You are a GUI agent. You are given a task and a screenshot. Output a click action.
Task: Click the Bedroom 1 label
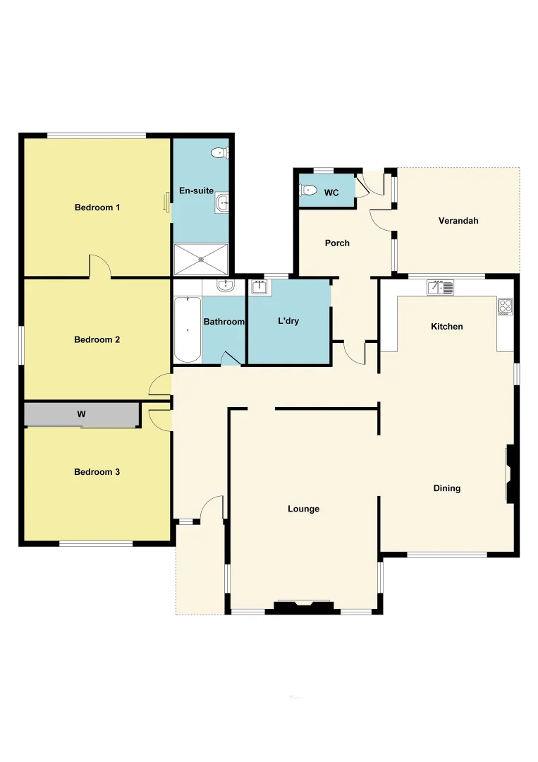point(97,207)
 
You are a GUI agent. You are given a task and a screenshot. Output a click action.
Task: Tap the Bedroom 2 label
point(97,339)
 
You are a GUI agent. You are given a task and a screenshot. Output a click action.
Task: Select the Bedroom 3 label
point(97,472)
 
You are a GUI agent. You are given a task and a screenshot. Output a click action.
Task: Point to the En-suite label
point(196,190)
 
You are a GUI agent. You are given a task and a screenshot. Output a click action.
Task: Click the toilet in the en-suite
point(220,152)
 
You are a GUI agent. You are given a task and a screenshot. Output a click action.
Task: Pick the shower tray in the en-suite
point(202,259)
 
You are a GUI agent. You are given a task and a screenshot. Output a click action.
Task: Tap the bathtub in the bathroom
point(188,329)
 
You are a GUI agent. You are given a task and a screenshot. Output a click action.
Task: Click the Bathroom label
point(224,322)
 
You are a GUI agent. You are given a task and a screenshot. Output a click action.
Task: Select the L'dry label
point(288,321)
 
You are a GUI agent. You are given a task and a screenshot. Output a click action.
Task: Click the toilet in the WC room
point(308,190)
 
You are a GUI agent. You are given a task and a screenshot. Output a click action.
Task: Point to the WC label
point(331,193)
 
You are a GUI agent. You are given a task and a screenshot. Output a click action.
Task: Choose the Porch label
point(337,243)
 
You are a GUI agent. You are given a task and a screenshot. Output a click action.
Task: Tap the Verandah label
point(458,221)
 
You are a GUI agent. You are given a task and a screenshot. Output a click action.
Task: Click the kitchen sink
point(440,287)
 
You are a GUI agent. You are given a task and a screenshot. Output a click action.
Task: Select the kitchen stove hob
point(506,306)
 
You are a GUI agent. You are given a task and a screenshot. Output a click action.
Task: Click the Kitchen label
point(447,327)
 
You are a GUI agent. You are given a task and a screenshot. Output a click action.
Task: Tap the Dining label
point(447,488)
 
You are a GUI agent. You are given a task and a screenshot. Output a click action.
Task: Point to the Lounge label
point(304,509)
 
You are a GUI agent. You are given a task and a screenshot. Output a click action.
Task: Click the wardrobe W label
point(82,415)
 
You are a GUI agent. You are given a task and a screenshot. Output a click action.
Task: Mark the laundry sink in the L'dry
point(257,286)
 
